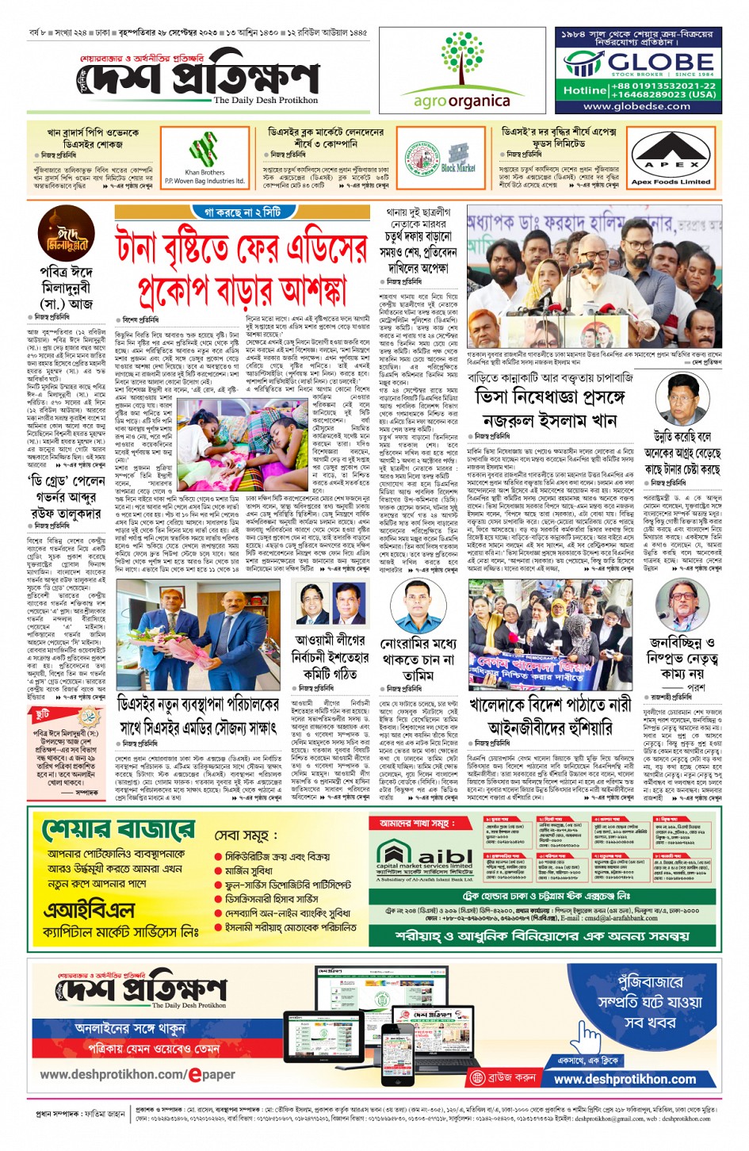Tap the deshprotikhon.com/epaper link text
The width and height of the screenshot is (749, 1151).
(x=137, y=1074)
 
